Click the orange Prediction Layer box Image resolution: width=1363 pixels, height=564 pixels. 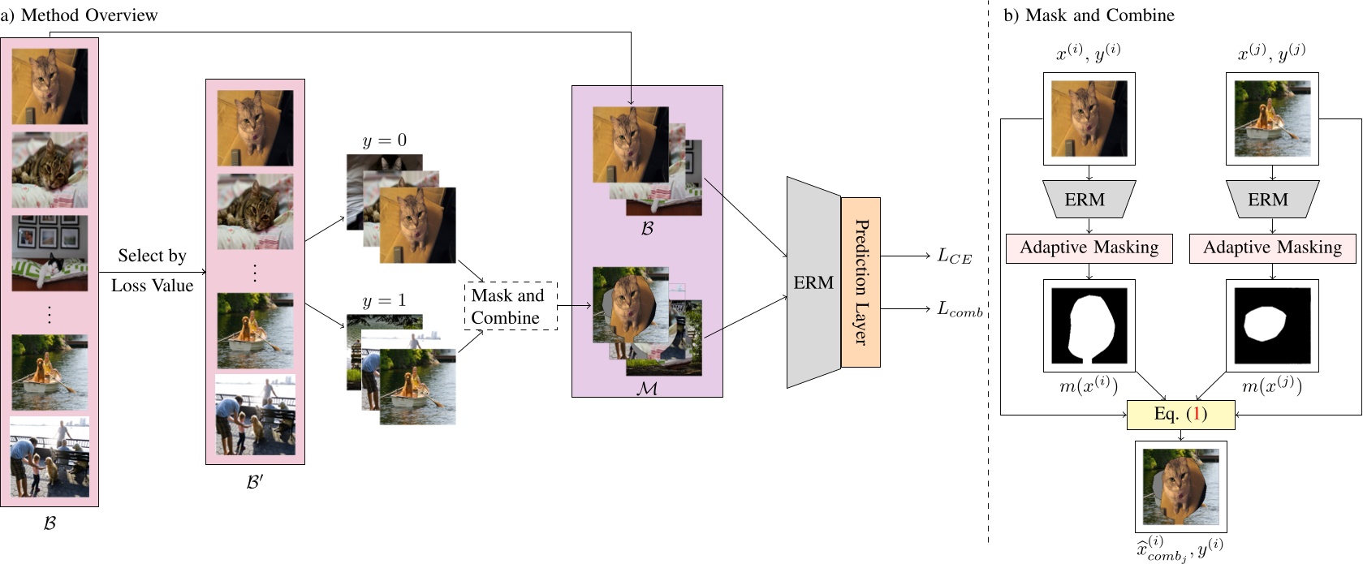861,282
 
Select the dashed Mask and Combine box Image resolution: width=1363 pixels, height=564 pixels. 511,306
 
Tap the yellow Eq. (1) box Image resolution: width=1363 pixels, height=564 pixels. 1180,415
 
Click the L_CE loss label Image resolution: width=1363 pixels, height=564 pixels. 954,256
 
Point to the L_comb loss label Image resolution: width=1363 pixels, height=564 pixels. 960,309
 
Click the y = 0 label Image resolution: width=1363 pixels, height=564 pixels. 384,141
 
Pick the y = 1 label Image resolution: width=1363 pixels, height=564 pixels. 384,301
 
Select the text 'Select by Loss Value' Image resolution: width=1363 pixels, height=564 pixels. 152,270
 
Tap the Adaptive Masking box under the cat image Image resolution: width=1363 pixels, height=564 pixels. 1089,248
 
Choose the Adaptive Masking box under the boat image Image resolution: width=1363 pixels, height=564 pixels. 1272,248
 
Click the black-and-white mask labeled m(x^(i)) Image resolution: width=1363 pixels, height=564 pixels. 1089,325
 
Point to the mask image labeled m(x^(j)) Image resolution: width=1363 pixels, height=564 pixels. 1271,325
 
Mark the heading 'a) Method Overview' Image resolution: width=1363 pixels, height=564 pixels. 79,15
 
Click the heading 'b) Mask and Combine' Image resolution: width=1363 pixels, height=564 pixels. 1089,15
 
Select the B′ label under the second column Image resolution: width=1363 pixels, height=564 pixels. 255,481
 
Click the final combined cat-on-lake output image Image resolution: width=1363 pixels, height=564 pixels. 1180,486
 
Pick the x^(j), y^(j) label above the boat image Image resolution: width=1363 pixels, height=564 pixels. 1271,54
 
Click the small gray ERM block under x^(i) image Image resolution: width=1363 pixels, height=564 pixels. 1089,200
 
